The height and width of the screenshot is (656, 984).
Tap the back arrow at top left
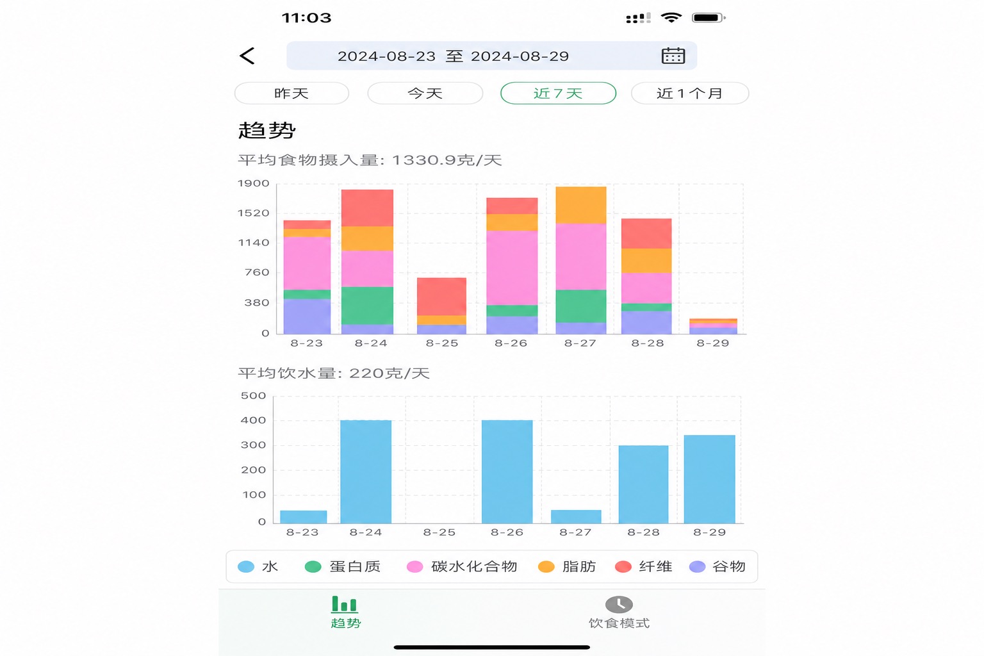[247, 56]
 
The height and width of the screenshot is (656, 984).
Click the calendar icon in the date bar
[673, 56]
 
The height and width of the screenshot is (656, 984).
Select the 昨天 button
[291, 93]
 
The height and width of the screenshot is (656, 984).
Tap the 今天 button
[425, 93]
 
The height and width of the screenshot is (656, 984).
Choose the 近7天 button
[559, 93]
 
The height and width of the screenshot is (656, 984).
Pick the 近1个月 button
[690, 93]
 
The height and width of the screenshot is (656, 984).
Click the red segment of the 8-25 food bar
[441, 297]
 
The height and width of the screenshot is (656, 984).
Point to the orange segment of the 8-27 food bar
[581, 205]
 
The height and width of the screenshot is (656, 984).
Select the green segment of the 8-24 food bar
[367, 306]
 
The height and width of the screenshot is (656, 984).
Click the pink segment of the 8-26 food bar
[512, 268]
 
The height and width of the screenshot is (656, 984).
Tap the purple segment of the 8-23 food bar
[307, 316]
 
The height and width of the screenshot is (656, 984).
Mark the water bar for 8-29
[709, 479]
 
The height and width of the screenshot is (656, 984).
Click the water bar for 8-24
[366, 471]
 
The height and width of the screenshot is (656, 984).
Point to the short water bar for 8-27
[576, 517]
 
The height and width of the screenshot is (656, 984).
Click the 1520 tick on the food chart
[253, 213]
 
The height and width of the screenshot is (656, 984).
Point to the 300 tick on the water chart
[253, 445]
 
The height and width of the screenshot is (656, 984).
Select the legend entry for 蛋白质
[343, 567]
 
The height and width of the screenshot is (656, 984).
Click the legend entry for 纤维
[644, 567]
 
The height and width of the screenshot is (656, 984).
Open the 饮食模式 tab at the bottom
[619, 612]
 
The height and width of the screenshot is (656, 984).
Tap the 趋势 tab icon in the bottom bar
[345, 605]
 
